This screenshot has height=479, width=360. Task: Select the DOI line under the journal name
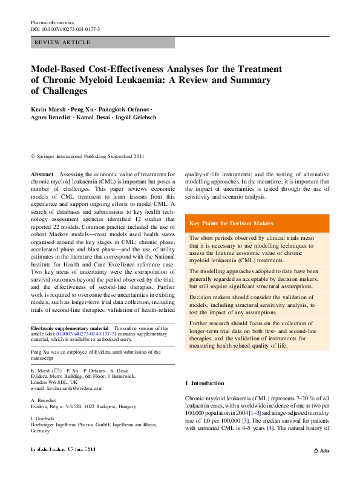(x=65, y=29)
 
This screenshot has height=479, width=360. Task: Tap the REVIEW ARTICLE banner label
(x=63, y=42)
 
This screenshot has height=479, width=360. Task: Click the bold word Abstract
(x=42, y=174)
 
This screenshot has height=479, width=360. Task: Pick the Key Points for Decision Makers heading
(x=231, y=223)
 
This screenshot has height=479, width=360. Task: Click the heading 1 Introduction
(x=204, y=383)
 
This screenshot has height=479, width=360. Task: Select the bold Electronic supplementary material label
(x=65, y=328)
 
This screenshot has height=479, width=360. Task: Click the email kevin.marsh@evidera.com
(x=75, y=388)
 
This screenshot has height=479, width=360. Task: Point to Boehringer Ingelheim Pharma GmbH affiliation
(x=85, y=427)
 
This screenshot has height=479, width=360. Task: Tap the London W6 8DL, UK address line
(x=54, y=382)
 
